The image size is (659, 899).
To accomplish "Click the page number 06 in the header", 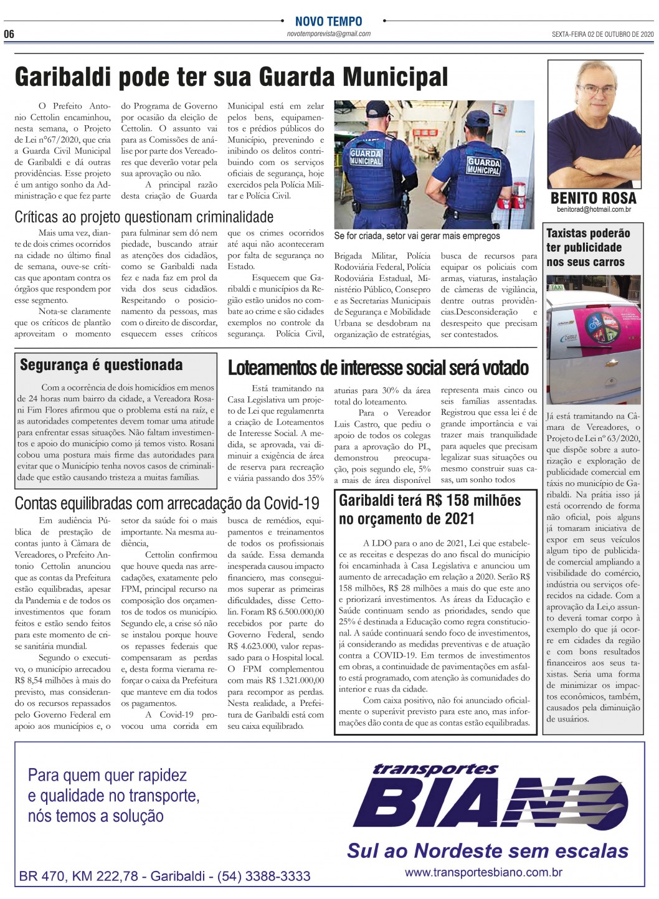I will click(9, 34).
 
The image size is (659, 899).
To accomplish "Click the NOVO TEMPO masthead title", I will click(328, 22).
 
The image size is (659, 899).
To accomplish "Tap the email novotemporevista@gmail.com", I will click(328, 34).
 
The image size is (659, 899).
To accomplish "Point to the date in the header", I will click(602, 34).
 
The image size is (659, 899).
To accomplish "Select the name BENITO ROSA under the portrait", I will click(593, 198).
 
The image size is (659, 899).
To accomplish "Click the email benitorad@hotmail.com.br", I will click(594, 210).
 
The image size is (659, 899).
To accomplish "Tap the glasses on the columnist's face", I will click(596, 91).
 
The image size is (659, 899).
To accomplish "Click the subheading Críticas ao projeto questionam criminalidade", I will click(144, 217).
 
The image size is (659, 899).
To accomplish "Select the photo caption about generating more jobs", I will click(417, 236).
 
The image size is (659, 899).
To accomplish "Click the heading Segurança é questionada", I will click(102, 365).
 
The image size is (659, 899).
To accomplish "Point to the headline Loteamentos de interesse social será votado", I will click(378, 368).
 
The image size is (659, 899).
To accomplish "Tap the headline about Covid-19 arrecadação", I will click(167, 503).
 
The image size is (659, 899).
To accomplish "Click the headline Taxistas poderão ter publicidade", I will click(588, 247).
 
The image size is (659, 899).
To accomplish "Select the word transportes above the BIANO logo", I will click(435, 769).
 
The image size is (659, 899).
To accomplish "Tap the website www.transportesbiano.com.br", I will click(483, 872).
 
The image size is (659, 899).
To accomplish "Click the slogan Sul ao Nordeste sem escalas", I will click(488, 850).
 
